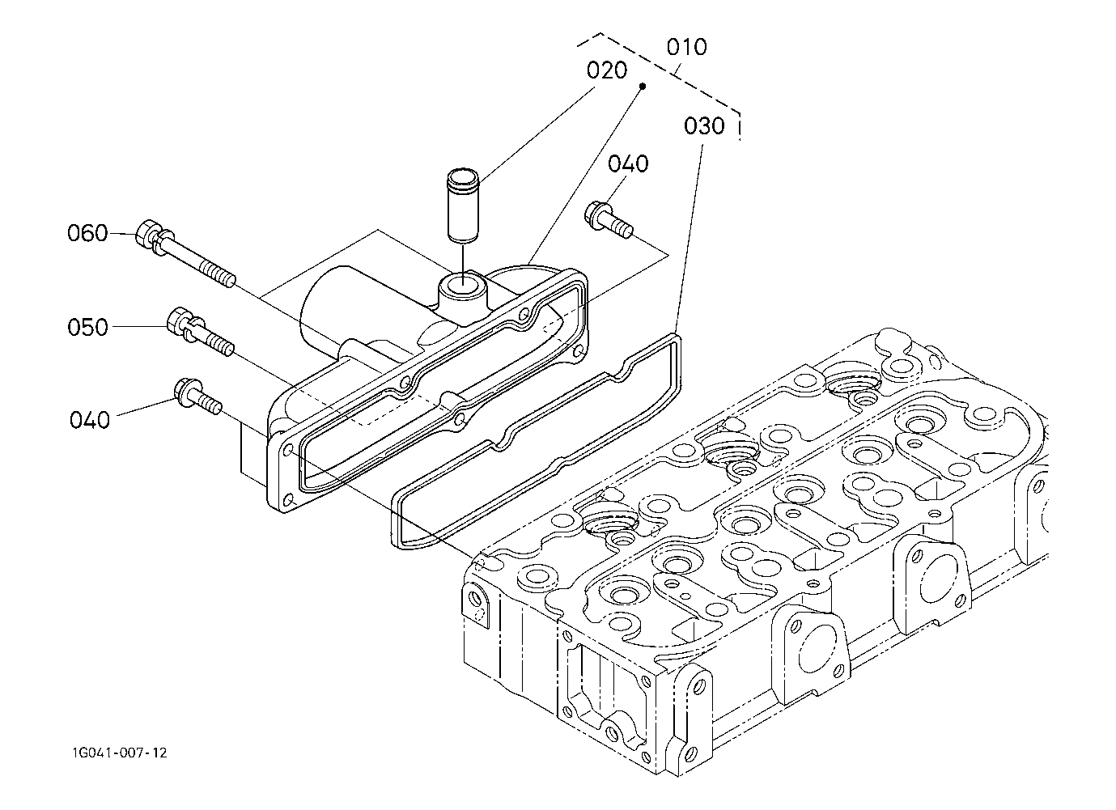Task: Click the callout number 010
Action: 686,47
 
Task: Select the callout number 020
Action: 606,70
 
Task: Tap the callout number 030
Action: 704,126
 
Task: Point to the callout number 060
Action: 87,233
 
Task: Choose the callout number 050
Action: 87,327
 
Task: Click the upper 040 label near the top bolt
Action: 628,164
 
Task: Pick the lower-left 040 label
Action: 90,420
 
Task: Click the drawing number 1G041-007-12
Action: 120,753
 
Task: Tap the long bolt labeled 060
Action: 185,253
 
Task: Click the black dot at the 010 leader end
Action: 643,87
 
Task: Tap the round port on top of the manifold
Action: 463,286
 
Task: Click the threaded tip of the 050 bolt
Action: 221,344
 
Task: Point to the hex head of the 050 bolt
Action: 177,320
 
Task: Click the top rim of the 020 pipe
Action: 463,176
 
